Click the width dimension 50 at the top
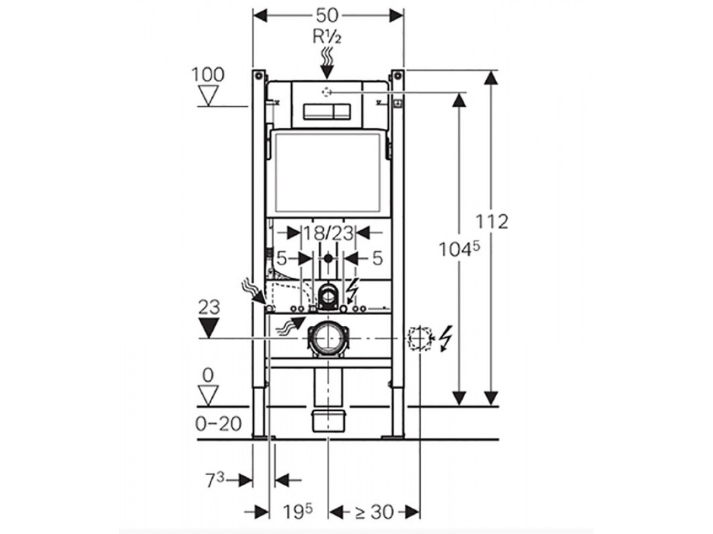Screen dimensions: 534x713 point(327,15)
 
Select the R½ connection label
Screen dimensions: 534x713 point(327,37)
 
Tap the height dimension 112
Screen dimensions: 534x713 point(492,221)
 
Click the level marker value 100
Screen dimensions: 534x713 point(208,75)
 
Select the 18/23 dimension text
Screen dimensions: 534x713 point(328,233)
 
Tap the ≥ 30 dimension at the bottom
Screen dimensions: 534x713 point(374,511)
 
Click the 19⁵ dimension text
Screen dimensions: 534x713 point(295,511)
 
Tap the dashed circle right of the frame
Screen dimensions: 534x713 point(419,338)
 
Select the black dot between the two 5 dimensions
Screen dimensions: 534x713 point(329,259)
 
